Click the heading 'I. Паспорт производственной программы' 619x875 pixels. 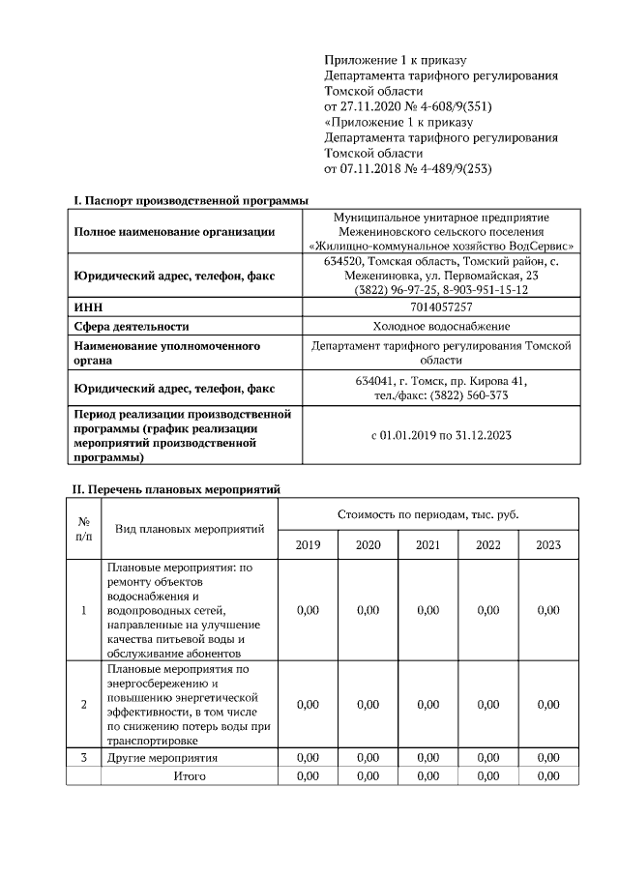point(191,200)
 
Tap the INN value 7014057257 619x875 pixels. point(441,306)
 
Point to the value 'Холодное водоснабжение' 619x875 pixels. point(441,326)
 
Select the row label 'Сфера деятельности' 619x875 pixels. point(132,326)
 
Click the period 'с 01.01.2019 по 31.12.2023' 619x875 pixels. point(441,435)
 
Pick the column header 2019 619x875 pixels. point(308,545)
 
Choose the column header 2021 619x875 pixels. point(427,545)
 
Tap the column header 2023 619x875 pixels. point(548,545)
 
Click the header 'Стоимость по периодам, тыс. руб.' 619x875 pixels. point(428,513)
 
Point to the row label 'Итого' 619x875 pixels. point(190,775)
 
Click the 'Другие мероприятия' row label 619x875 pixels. point(162,757)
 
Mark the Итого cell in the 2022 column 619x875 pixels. point(487,775)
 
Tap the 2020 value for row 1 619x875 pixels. point(368,610)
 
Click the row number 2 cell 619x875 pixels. point(84,704)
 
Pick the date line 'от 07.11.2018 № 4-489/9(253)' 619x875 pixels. point(409,168)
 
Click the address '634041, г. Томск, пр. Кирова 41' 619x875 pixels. point(441,381)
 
